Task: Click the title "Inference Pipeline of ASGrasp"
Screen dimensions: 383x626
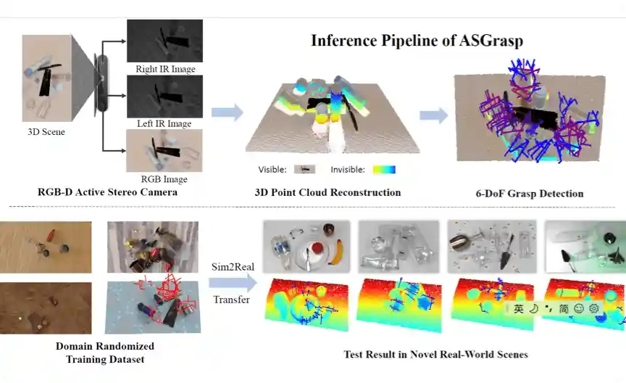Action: [417, 40]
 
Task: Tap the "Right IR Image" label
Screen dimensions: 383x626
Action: [165, 70]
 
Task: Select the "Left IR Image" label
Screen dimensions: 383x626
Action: [164, 124]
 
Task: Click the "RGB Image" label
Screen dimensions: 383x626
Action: [164, 179]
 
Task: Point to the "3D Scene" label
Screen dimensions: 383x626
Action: [46, 132]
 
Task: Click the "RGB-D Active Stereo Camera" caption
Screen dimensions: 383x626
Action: [107, 192]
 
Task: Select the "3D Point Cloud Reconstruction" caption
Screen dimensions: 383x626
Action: [327, 192]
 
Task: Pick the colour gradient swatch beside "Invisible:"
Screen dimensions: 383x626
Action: [384, 170]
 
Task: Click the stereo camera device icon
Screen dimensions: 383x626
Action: [102, 83]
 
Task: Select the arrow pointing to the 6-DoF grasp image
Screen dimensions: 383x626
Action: [433, 115]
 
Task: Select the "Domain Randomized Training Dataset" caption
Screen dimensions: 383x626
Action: [105, 353]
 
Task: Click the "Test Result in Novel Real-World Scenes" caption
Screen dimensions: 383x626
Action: [435, 355]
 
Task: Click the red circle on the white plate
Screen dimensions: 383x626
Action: [316, 251]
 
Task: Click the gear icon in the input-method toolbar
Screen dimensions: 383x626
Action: [594, 308]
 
